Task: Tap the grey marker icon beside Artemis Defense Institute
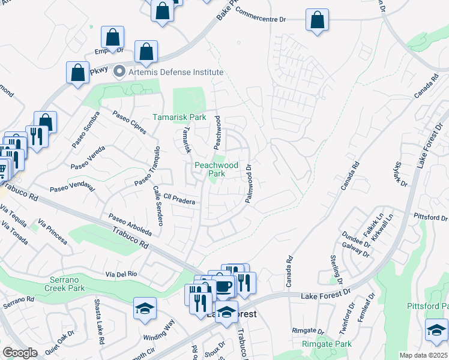click(x=119, y=72)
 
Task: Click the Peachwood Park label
click(x=216, y=169)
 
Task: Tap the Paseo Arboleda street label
click(x=130, y=225)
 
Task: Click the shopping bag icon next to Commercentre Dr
click(x=316, y=19)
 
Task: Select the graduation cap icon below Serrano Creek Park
click(x=145, y=308)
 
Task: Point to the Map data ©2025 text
click(x=423, y=355)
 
